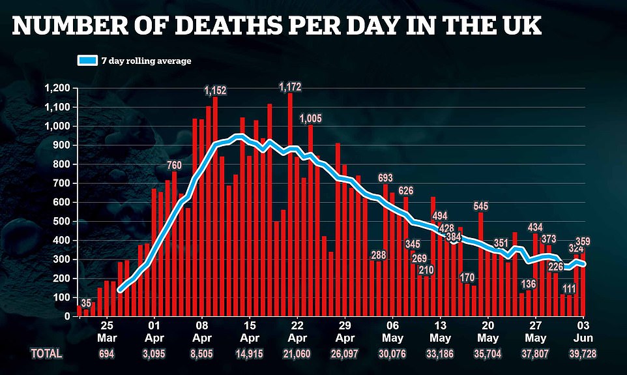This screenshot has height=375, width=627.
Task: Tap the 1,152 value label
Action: [x=214, y=90]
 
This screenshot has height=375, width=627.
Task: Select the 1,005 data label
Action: [x=311, y=118]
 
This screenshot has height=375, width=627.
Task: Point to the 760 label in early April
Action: [x=173, y=165]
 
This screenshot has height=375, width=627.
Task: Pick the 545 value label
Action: [x=481, y=207]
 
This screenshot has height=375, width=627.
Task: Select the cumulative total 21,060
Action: [x=297, y=353]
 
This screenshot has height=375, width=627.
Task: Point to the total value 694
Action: [x=108, y=353]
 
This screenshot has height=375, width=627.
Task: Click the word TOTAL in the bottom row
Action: [x=46, y=353]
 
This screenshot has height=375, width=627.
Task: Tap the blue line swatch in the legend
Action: [x=87, y=61]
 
